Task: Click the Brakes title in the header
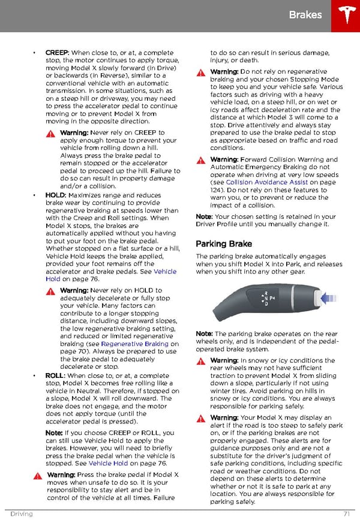305,15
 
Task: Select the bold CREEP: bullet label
58,53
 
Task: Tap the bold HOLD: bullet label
56,195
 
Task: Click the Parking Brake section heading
224,244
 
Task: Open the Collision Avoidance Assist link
266,182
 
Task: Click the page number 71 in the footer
346,514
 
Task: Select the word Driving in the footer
21,514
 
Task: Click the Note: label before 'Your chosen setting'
204,217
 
